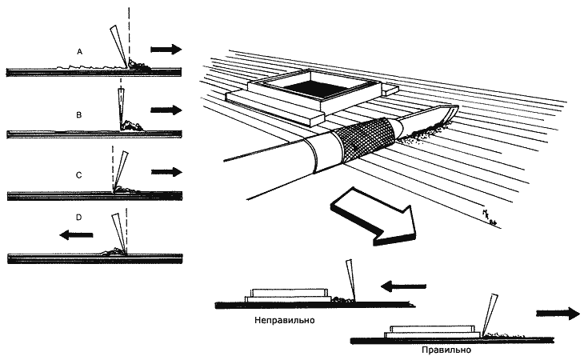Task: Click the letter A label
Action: [x=79, y=50]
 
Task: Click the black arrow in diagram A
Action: [x=166, y=50]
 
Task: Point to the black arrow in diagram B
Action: [x=166, y=110]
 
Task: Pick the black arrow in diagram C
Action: [x=166, y=171]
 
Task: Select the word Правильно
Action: [x=444, y=350]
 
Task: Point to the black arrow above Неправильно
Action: [x=398, y=284]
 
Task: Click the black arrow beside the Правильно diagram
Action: [x=557, y=313]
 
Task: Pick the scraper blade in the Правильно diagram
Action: [x=490, y=311]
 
